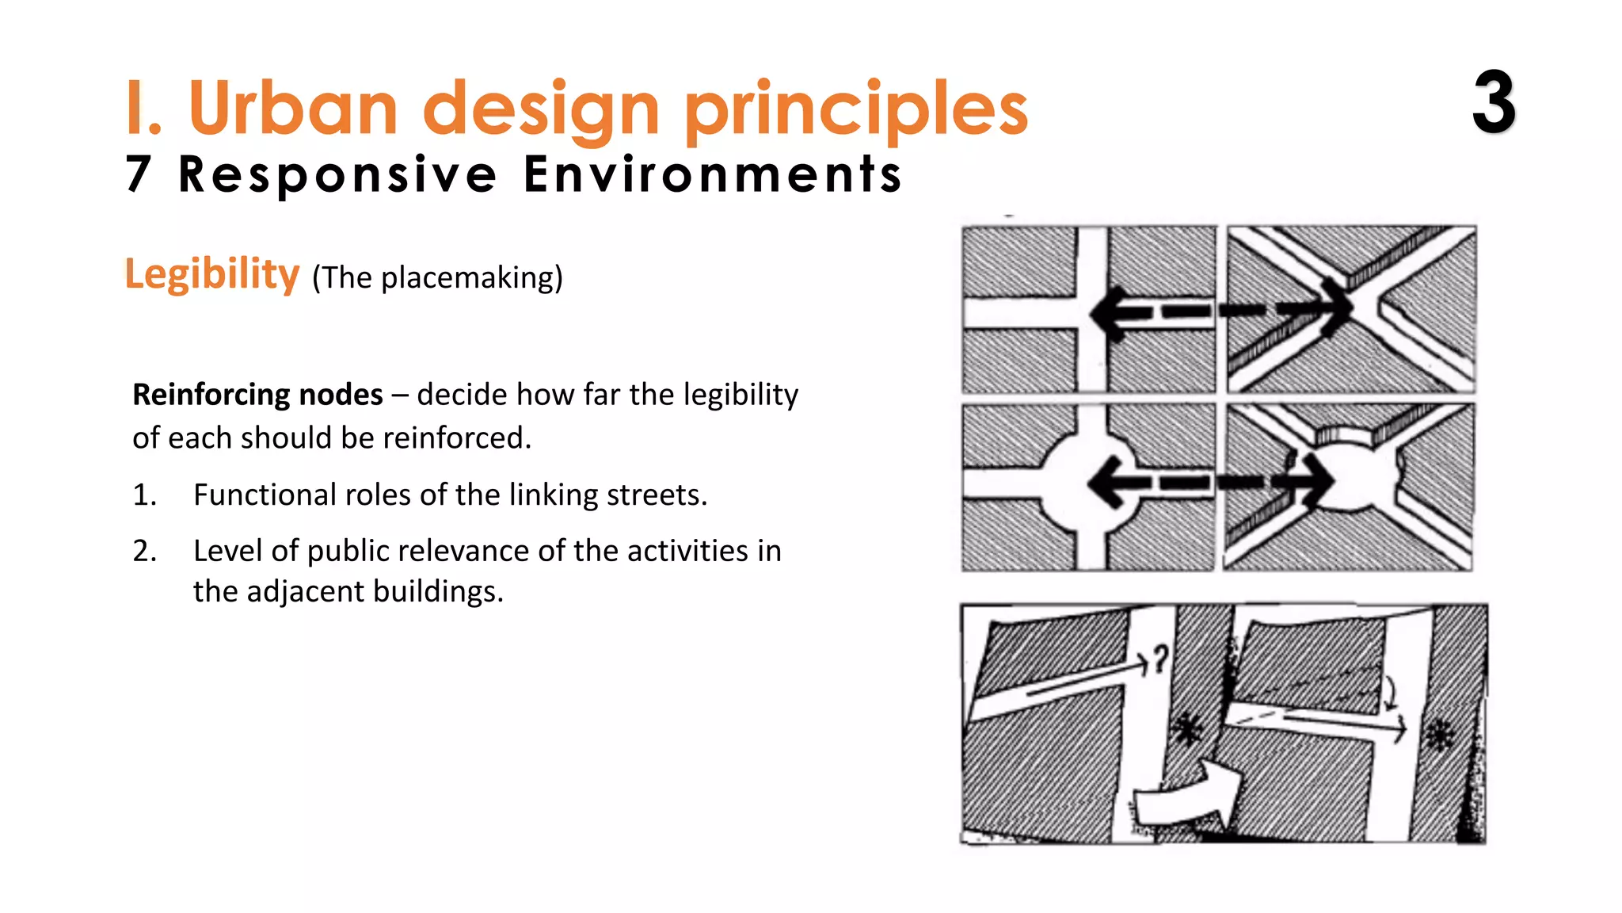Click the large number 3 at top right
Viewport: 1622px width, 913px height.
(x=1494, y=103)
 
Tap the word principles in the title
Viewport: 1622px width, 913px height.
(x=855, y=111)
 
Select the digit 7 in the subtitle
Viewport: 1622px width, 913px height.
(x=139, y=174)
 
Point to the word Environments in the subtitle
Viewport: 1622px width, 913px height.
(x=713, y=174)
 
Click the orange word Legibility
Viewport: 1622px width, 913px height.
(x=212, y=274)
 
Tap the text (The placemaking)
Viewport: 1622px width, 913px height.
(x=437, y=277)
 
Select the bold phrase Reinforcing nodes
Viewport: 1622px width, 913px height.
(x=257, y=395)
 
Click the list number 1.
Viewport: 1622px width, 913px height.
(x=144, y=495)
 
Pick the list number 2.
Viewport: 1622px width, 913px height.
(x=144, y=551)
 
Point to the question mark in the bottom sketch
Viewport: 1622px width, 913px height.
(x=1160, y=658)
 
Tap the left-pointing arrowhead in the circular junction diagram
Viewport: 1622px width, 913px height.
(x=1109, y=482)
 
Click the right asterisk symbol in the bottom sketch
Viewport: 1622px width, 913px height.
(x=1439, y=735)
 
